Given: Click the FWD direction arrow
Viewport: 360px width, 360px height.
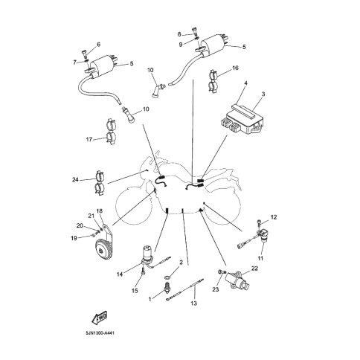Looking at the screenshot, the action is click(99, 318).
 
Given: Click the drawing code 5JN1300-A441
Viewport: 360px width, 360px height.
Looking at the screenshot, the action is click(98, 333).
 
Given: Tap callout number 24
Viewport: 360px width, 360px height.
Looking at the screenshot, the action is click(75, 179).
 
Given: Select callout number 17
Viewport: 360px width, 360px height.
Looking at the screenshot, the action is click(89, 140).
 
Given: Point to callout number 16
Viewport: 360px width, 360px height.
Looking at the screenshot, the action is click(235, 68).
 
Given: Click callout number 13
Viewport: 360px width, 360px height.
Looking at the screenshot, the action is click(193, 303).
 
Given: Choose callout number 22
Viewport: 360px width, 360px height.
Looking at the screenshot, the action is click(254, 269).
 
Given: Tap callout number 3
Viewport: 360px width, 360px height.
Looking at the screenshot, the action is click(263, 94).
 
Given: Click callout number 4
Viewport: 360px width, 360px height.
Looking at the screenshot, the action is click(245, 83).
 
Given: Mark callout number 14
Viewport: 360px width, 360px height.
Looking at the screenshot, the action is click(120, 274).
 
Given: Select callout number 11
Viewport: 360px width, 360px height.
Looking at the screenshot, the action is click(260, 258).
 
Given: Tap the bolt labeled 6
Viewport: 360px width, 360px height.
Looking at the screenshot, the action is click(84, 54).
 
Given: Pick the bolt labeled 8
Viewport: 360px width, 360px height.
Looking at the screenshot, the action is click(194, 31).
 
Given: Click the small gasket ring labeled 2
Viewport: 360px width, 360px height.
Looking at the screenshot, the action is click(168, 277).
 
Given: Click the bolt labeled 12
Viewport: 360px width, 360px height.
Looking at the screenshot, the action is click(260, 222).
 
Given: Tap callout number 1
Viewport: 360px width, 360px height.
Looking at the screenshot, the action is click(150, 299).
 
